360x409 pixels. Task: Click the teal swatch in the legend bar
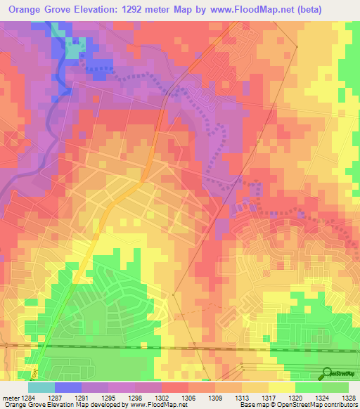point(41,387)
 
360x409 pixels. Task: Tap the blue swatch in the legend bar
point(67,387)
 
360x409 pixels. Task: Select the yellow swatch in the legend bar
point(281,387)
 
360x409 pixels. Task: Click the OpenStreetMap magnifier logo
point(326,374)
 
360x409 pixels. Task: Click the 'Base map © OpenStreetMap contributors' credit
point(296,405)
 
